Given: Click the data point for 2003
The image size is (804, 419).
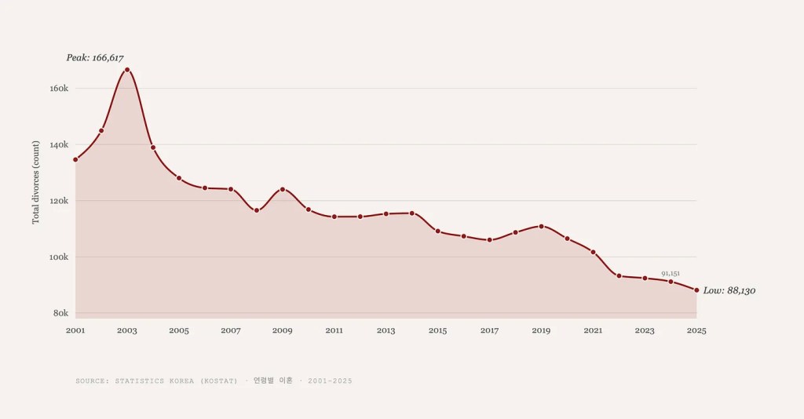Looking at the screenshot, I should tap(127, 70).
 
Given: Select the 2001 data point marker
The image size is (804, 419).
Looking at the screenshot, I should tap(75, 159).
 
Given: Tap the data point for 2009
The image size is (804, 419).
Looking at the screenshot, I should tap(283, 189).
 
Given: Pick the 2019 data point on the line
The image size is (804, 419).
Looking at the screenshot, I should tap(541, 226).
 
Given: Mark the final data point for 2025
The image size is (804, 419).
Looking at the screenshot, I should tap(696, 290).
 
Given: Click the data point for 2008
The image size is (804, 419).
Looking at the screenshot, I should tap(257, 210).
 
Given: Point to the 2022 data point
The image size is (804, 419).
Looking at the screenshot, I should tap(619, 275).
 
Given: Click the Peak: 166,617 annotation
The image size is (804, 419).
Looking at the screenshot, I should tap(95, 58).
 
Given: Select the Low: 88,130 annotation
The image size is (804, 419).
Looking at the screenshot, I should tap(729, 290).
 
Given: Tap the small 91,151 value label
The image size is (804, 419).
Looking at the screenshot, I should tap(670, 273).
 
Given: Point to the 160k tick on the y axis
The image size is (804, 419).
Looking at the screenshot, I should tap(60, 89).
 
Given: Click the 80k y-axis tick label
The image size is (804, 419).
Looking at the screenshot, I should tap(60, 313).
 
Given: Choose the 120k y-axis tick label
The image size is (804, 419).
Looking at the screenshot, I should tap(60, 201).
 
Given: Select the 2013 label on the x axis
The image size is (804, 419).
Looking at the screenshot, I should tap(386, 330).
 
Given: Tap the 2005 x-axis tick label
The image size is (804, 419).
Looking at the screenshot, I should tap(179, 330).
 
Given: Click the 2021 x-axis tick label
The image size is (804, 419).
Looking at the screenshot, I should tap(593, 330).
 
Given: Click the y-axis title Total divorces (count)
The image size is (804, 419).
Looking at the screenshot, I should tap(36, 182).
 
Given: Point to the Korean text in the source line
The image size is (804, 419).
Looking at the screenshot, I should tap(272, 381).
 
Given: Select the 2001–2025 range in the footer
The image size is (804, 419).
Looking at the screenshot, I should tap(330, 381).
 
